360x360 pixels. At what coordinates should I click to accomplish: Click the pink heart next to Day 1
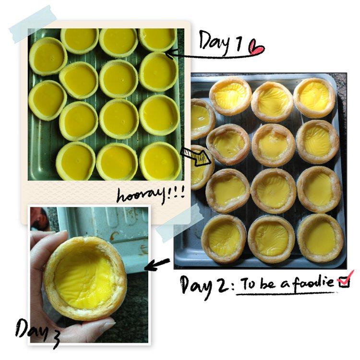click(x=257, y=48)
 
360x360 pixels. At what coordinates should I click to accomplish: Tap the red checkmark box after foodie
click(x=344, y=280)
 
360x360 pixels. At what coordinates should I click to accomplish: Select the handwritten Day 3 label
click(x=37, y=332)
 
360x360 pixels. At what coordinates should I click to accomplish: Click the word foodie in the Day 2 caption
click(x=313, y=281)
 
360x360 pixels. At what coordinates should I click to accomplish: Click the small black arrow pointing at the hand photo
click(x=157, y=264)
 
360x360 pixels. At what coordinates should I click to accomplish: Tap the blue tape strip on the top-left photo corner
click(x=33, y=24)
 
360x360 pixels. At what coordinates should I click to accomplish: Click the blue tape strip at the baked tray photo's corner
click(x=179, y=223)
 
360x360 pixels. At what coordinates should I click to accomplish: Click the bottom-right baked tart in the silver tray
click(x=321, y=239)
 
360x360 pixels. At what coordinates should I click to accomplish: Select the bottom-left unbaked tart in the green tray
click(x=76, y=161)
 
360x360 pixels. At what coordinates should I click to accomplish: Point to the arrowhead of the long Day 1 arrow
click(x=169, y=55)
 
